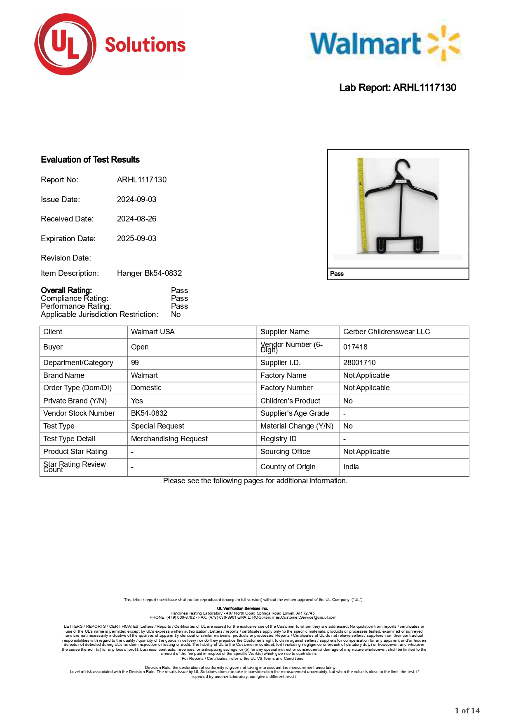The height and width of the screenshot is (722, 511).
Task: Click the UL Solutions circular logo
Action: coord(66,44)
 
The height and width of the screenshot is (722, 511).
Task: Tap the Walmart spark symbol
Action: coord(444,43)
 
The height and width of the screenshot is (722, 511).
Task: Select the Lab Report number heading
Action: coord(397,88)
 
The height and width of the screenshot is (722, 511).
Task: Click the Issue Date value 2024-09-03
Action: coord(136,200)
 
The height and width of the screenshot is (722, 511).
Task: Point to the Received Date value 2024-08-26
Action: coord(136,219)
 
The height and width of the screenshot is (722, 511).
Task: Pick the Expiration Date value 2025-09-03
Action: coord(136,239)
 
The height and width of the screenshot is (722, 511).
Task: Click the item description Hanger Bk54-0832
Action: coord(149,273)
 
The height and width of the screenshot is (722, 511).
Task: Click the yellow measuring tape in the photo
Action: coord(362,206)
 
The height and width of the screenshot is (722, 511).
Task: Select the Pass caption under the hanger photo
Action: coord(337,274)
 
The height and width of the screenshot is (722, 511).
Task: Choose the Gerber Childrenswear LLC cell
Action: coord(386,332)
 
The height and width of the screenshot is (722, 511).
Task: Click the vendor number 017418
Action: coord(355,347)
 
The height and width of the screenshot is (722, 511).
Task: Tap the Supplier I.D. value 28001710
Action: coord(359,363)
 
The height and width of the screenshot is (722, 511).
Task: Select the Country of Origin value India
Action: coord(351,467)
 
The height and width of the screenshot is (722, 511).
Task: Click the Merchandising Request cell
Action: coord(169,439)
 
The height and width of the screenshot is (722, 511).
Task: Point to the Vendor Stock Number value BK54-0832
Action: coord(149,413)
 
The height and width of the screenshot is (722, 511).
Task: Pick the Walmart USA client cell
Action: coord(152,332)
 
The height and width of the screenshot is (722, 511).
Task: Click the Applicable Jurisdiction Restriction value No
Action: coord(176,314)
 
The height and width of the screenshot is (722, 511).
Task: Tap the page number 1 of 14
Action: coord(467,710)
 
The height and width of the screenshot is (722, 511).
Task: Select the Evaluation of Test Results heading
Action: coord(90,160)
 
